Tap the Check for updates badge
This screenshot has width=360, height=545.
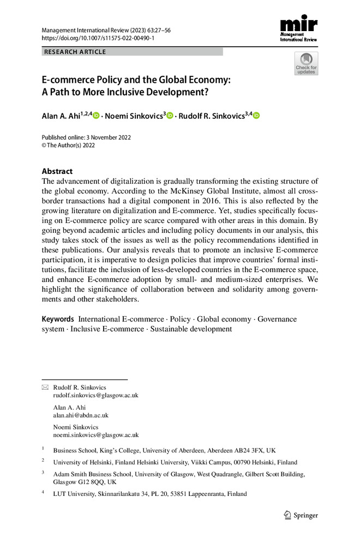tap(306, 64)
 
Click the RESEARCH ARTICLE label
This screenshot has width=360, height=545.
tap(75, 52)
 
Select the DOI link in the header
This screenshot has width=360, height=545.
tap(98, 38)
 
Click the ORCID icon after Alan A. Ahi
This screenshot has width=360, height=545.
tap(96, 116)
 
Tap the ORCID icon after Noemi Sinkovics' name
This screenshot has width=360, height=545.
tap(170, 116)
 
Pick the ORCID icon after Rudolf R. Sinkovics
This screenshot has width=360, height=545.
tap(256, 116)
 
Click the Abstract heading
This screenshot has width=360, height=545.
tap(57, 171)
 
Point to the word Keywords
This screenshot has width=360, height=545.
tap(58, 319)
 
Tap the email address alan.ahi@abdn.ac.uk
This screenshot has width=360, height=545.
tap(81, 415)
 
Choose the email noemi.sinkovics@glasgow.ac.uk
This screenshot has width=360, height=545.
tap(96, 435)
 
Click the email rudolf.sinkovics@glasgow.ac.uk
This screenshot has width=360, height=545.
tap(96, 395)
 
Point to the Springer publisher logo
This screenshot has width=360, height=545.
tap(301, 515)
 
